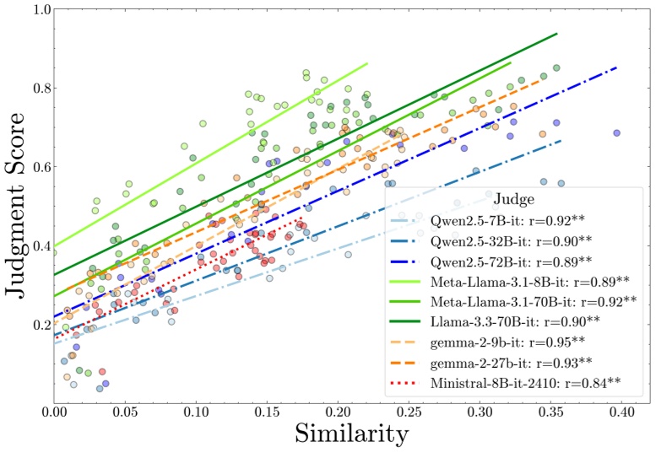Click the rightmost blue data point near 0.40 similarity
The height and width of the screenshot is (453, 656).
617,132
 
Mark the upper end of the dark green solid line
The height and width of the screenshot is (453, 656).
558,34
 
